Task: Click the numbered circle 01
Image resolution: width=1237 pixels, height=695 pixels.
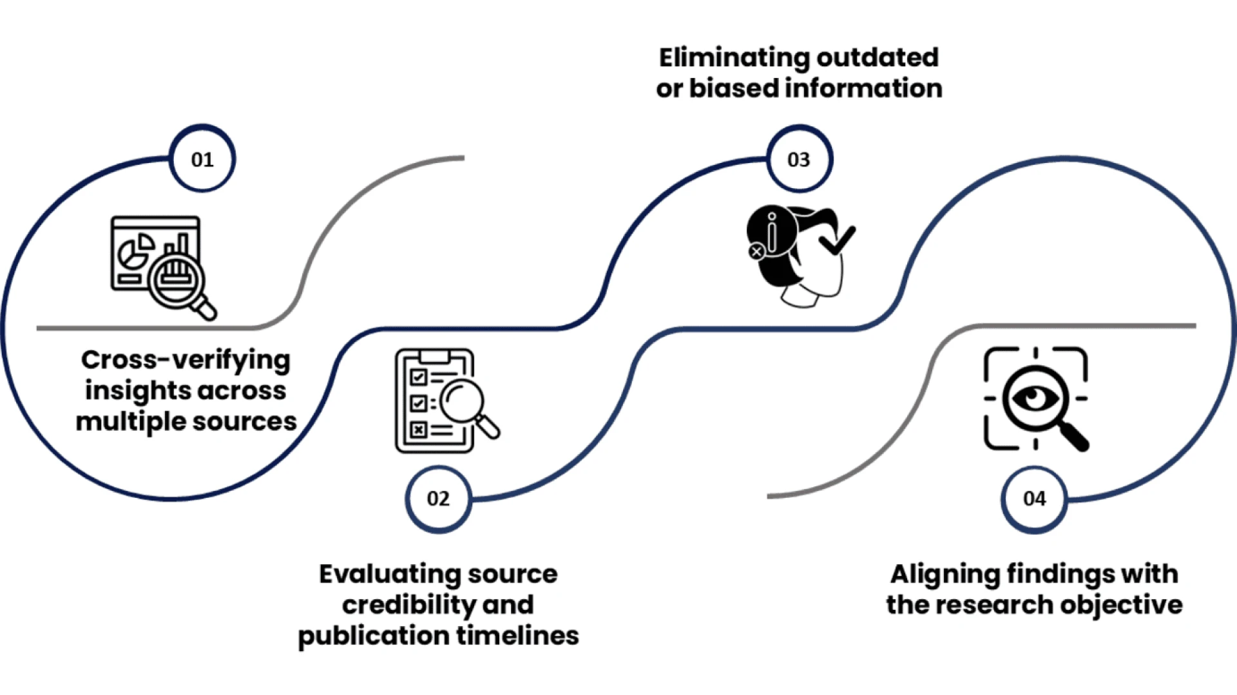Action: pyautogui.click(x=202, y=159)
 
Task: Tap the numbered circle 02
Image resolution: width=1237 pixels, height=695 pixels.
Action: pyautogui.click(x=438, y=499)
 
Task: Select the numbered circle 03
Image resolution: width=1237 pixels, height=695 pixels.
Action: pyautogui.click(x=799, y=159)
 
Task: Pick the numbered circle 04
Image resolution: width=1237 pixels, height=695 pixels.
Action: pyautogui.click(x=1034, y=499)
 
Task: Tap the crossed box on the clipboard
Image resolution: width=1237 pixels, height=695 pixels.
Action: pyautogui.click(x=419, y=430)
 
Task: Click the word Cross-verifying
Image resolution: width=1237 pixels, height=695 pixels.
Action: pyautogui.click(x=186, y=360)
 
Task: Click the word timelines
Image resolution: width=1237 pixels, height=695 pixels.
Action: pyautogui.click(x=518, y=636)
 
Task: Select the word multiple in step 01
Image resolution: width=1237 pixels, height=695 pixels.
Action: pyautogui.click(x=130, y=422)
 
